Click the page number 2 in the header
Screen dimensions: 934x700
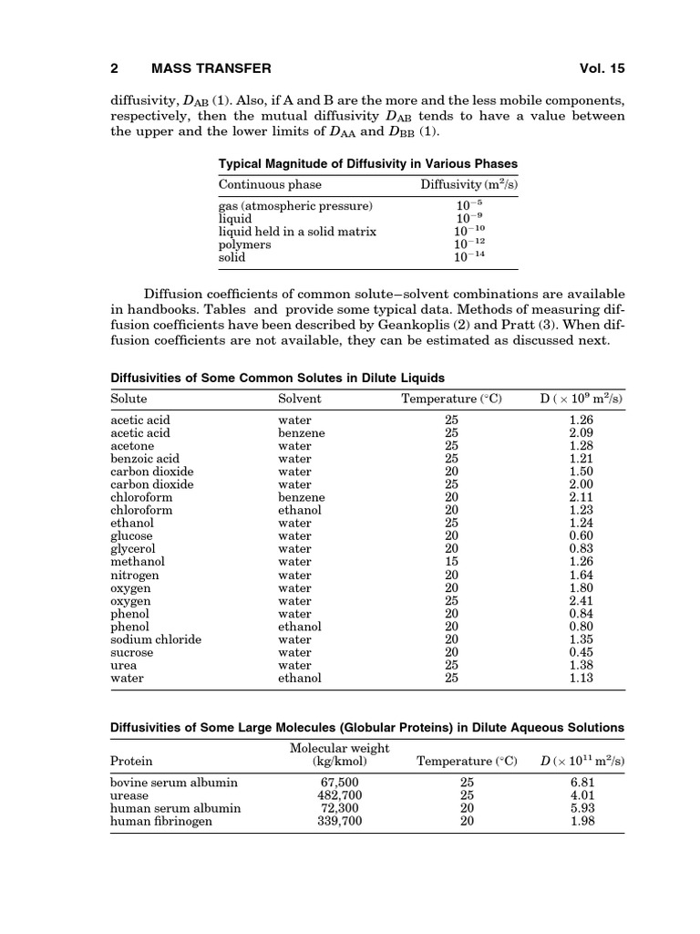pos(115,68)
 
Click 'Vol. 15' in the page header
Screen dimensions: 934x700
pos(602,68)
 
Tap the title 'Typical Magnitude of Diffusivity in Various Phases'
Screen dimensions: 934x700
pos(368,164)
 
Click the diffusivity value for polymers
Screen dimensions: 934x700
pos(469,244)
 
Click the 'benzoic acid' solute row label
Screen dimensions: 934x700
pos(145,459)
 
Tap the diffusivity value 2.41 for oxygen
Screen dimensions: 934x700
pos(581,601)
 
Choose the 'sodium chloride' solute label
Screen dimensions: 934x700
pos(156,639)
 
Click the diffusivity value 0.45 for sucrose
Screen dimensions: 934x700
pos(581,652)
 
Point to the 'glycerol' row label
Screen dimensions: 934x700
pos(133,549)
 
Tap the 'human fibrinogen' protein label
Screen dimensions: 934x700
pos(161,821)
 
